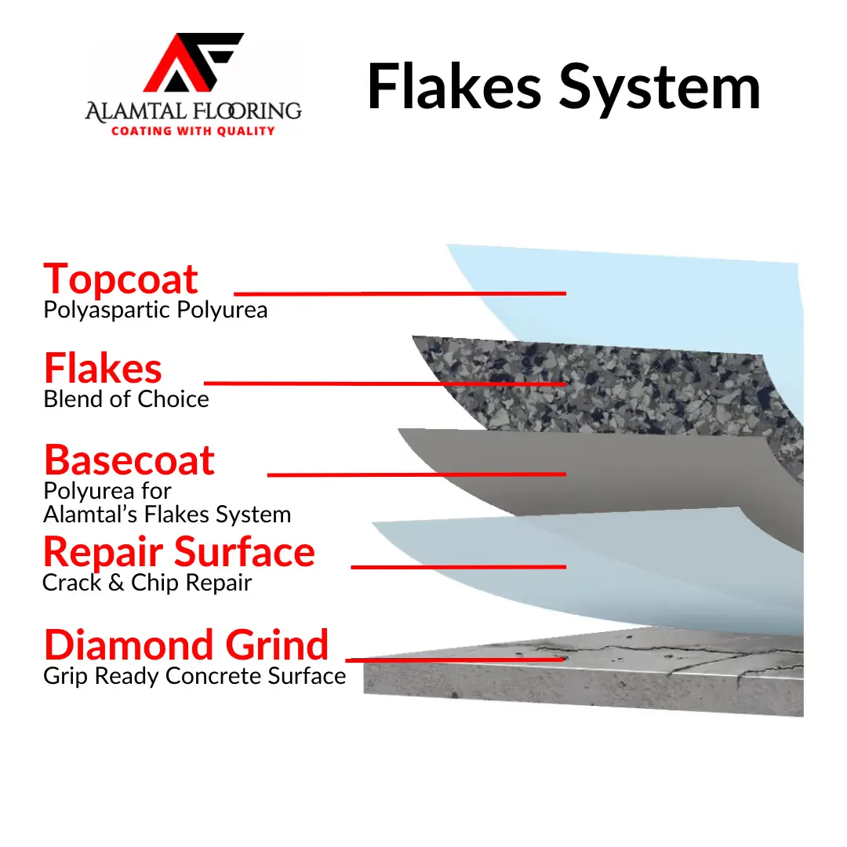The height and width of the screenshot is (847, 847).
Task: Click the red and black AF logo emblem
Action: coord(193,62)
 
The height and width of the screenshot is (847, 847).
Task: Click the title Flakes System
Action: coord(564,88)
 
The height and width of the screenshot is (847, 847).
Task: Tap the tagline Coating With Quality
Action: coord(194,131)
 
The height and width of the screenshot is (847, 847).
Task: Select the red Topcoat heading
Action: coord(121,278)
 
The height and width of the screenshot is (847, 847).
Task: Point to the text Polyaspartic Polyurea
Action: coord(155,310)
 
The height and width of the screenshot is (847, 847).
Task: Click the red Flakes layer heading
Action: coord(103,368)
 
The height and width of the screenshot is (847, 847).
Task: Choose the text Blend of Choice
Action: coord(125,399)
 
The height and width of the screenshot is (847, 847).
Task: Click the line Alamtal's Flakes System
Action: coord(167,514)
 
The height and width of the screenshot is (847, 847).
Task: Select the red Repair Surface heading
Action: coord(179,552)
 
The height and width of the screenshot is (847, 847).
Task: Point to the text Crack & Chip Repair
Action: coord(147,582)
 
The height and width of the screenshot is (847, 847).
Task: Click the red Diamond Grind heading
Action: coord(187,645)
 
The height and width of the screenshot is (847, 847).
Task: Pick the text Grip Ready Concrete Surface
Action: coord(194,676)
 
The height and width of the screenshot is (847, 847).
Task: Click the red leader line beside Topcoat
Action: coord(400,293)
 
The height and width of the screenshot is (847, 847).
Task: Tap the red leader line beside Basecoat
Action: coord(416,474)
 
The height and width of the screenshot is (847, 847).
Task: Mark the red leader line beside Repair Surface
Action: coord(459,567)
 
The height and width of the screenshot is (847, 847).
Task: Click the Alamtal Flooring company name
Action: coord(194,111)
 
